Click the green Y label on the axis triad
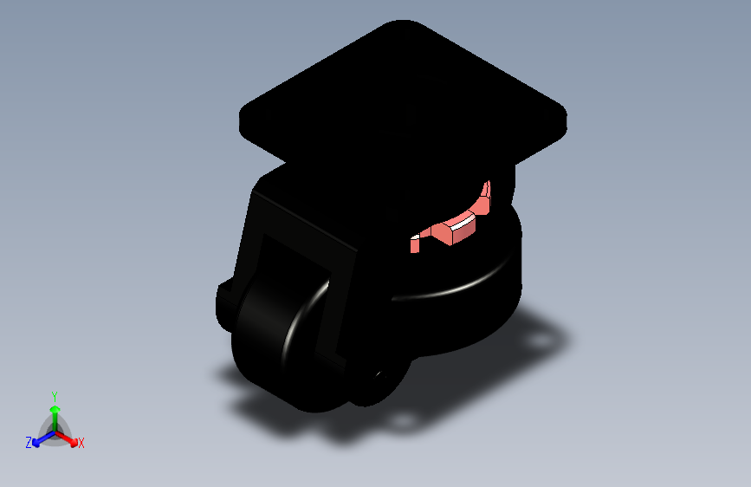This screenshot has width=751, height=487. pyautogui.click(x=55, y=395)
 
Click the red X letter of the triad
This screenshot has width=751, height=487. pyautogui.click(x=81, y=444)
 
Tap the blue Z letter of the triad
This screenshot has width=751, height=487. pyautogui.click(x=29, y=442)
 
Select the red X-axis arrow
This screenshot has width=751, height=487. pyautogui.click(x=68, y=438)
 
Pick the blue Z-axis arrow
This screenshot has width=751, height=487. pyautogui.click(x=40, y=438)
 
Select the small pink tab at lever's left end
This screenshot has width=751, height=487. pyautogui.click(x=415, y=244)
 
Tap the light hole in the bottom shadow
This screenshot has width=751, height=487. pyautogui.click(x=404, y=422)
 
